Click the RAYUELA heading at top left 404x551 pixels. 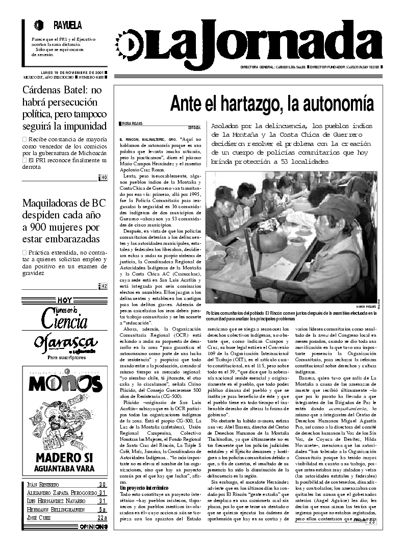pos(67,25)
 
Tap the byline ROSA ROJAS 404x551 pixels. pos(130,123)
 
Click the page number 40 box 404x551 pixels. pos(104,177)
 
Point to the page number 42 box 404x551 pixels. pos(104,286)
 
